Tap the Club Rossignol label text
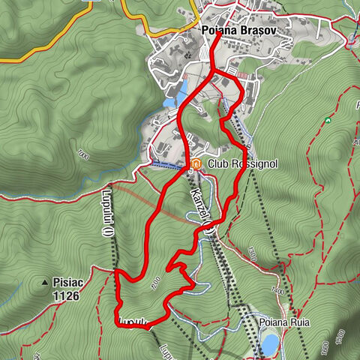[x=233, y=163]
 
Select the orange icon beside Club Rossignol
[x=196, y=163]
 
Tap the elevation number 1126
[x=66, y=295]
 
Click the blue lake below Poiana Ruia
[x=270, y=343]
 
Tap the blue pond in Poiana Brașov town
[x=180, y=93]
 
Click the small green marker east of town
[x=327, y=120]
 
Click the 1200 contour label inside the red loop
[x=154, y=283]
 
